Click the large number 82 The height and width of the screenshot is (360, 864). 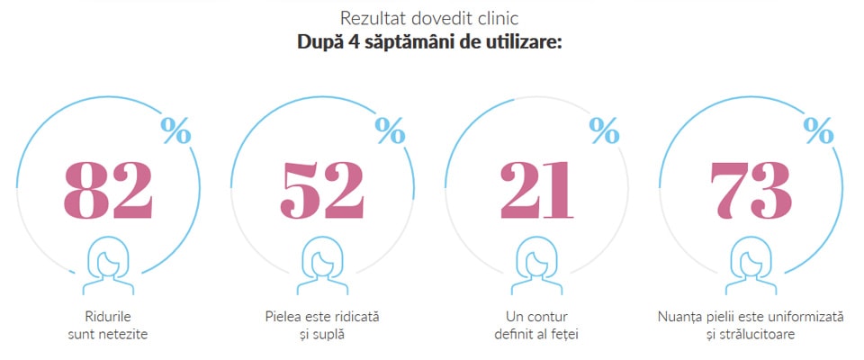(x=108, y=189)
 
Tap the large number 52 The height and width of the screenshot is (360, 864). (x=322, y=189)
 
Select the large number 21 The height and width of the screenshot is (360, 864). (x=536, y=189)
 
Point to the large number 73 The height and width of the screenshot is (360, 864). (x=751, y=189)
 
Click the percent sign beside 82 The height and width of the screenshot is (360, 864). (x=175, y=130)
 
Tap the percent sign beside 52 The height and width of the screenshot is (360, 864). (x=390, y=130)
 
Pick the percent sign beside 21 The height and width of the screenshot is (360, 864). (x=604, y=130)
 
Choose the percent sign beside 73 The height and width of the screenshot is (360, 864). (x=818, y=130)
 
